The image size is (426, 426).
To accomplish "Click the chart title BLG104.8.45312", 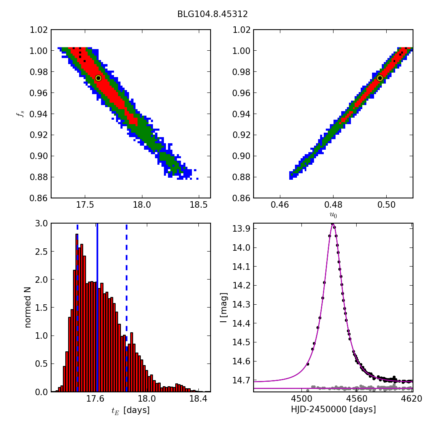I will tap(212, 14).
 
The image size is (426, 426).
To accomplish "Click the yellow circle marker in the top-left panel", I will tap(98, 78).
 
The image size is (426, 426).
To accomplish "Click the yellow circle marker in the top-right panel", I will tap(380, 78).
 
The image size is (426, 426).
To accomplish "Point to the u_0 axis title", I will tap(333, 215).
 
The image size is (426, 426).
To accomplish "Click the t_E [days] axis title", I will tap(131, 410).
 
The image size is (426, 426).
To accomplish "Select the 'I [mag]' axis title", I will tap(224, 308).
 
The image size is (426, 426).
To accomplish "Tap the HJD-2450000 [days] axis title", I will tap(333, 409).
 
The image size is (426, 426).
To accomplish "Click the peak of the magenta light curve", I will tap(333, 224).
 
